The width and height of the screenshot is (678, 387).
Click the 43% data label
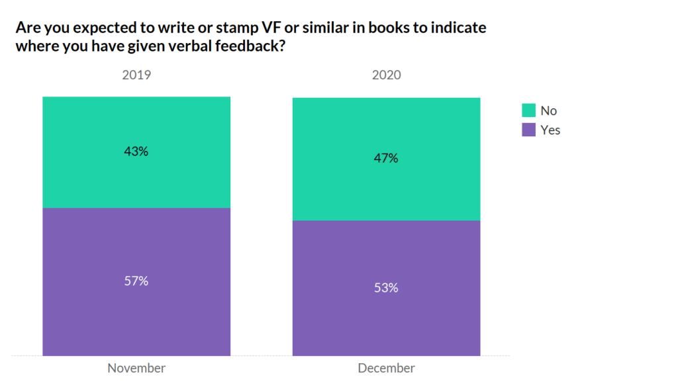pos(136,151)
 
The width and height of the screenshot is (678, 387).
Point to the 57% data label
pos(136,281)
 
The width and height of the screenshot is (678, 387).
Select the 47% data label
pos(386,159)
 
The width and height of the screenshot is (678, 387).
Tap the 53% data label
pos(386,288)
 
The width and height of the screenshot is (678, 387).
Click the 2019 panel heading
pos(136,75)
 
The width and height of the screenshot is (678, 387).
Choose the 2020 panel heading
pos(386,75)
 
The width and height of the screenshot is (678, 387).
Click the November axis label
pos(136,368)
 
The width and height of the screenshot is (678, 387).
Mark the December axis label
pos(386,368)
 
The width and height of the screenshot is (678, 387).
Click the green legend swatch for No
pos(528,110)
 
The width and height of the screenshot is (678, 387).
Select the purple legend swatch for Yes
pos(528,130)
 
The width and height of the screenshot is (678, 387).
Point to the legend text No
pos(549,110)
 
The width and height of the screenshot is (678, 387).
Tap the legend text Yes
pos(550,130)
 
